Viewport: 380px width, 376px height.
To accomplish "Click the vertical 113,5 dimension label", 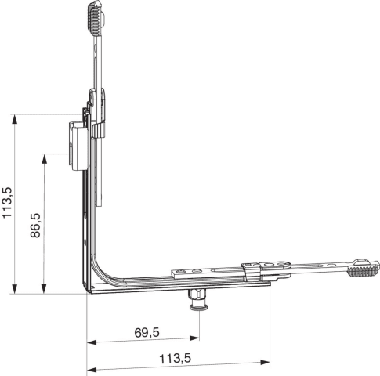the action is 7,203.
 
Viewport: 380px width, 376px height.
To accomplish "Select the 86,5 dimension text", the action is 35,226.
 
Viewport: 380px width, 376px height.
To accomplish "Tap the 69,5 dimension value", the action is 147,333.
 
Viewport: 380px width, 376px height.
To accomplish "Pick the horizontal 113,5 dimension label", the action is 175,359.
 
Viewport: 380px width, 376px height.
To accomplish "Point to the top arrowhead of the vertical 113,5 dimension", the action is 15,119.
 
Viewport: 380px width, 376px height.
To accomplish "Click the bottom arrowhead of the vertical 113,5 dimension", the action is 15,289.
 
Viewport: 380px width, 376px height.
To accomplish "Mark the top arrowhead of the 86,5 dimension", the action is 45,158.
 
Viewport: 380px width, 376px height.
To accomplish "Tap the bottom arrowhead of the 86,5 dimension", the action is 44,289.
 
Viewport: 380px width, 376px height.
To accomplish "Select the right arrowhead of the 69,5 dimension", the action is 194,338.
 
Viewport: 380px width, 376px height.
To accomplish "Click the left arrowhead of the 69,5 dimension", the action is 92,342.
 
